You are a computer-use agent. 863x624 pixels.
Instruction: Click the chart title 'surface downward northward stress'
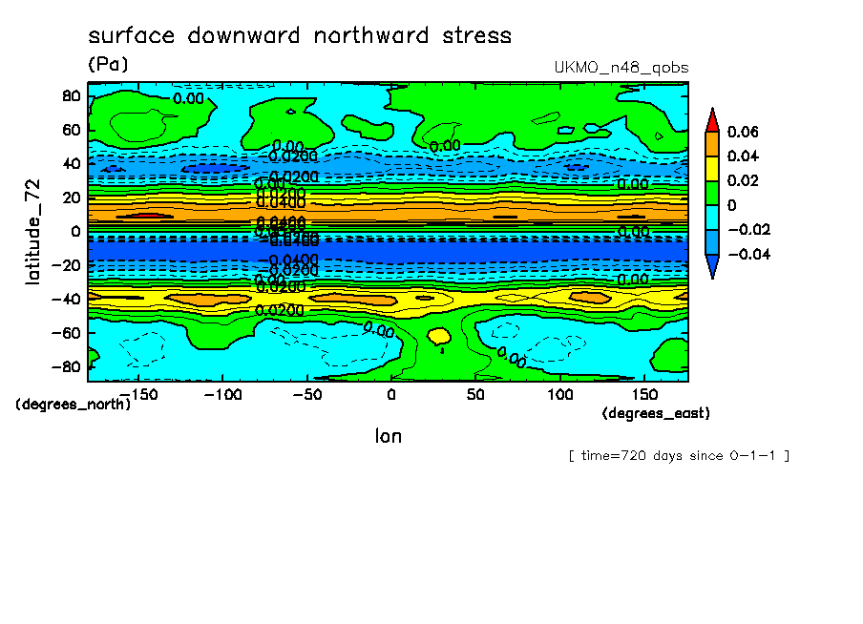coord(300,36)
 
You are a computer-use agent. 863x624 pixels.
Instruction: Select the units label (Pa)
coord(107,64)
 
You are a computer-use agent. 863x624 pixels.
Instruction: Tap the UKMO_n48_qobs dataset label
coord(621,68)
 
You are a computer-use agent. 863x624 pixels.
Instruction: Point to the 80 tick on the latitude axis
coord(70,95)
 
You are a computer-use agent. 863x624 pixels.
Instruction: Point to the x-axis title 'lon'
coord(388,436)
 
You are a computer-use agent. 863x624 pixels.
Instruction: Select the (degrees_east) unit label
coord(656,413)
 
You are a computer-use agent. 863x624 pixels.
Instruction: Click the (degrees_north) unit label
coord(74,404)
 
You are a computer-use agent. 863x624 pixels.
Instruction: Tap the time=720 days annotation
coord(679,455)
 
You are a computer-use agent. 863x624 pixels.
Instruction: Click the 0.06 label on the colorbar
coord(744,132)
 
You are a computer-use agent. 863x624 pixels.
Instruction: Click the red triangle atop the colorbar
coord(712,119)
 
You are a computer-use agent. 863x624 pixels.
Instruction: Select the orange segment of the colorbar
coord(712,144)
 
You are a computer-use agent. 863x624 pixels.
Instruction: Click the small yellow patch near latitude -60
coord(439,337)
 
